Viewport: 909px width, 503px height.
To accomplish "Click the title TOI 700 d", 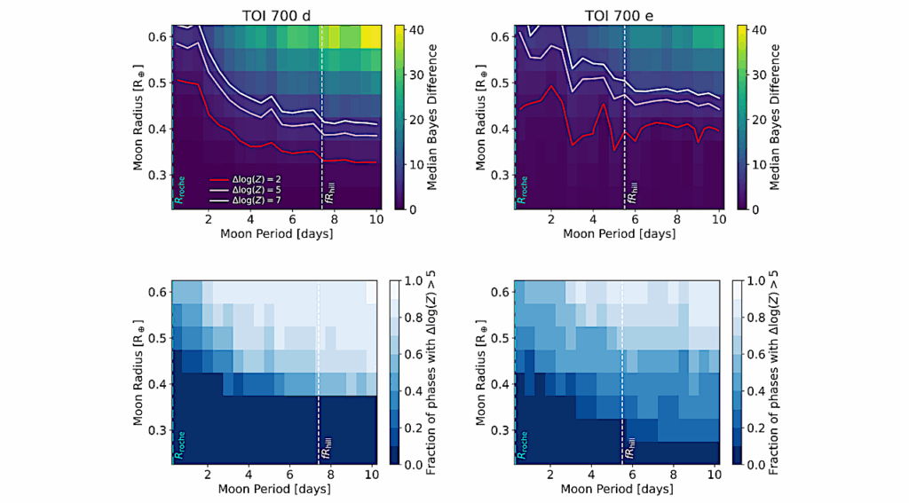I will point(274,12).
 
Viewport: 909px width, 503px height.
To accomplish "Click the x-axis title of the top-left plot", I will point(275,236).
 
